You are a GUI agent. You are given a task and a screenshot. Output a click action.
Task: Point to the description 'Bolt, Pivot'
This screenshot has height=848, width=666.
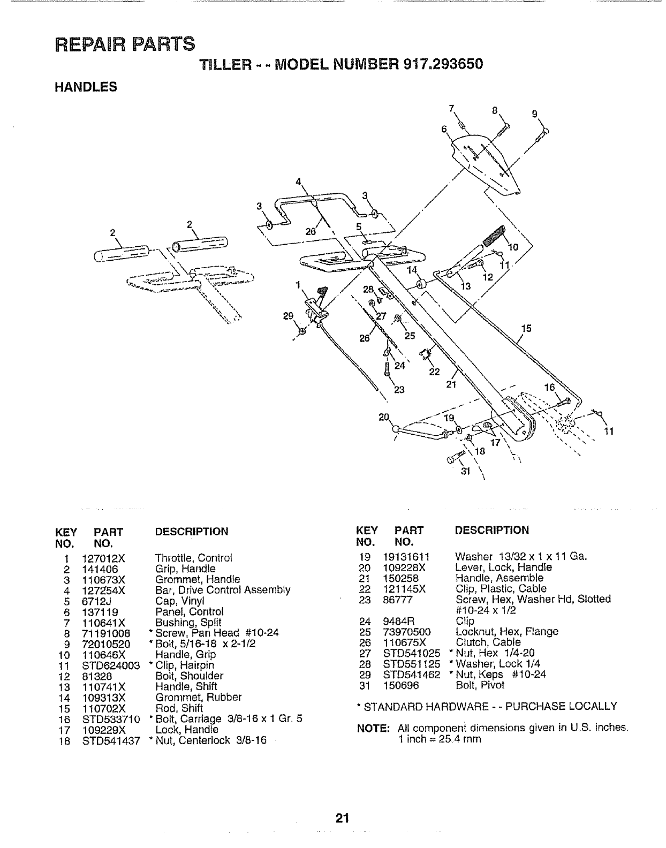pyautogui.click(x=479, y=685)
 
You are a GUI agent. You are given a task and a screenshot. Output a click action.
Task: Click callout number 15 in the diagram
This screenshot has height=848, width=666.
pyautogui.click(x=527, y=328)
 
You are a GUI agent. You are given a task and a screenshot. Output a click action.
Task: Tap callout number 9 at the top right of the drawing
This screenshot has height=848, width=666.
pyautogui.click(x=534, y=113)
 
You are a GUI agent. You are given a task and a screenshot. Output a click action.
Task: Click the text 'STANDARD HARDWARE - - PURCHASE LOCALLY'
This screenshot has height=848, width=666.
pyautogui.click(x=490, y=707)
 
